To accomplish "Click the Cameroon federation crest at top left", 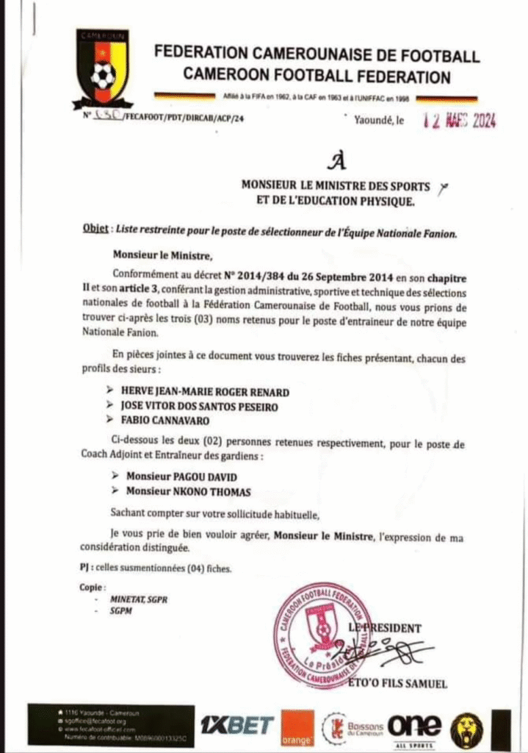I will tap(102, 68).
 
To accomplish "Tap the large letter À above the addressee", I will tap(337, 160).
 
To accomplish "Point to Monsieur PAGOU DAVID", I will tap(182, 477).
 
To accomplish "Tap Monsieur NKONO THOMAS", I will tap(188, 491).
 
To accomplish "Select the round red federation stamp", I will tap(322, 624).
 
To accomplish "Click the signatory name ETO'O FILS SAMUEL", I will tap(401, 684).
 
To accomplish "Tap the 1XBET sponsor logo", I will tap(237, 725).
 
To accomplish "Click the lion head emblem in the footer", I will tap(467, 728).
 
